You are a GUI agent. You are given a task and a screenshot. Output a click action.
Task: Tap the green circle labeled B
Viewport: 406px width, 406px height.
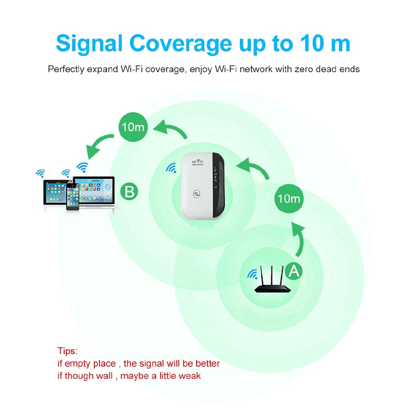coord(129,192)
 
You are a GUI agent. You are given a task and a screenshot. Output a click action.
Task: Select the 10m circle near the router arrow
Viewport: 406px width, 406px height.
coord(289,198)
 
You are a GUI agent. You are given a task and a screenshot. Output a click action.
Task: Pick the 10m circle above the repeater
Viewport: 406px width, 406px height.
coord(134,127)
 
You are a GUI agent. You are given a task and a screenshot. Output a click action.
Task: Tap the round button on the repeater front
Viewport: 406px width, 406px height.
coord(197,194)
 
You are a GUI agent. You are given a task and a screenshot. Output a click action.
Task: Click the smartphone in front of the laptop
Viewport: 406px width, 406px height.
coord(73,197)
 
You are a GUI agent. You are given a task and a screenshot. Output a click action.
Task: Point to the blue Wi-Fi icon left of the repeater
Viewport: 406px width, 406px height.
coord(171,168)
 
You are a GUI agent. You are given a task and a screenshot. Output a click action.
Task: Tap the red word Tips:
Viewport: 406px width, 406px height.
coord(68,351)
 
